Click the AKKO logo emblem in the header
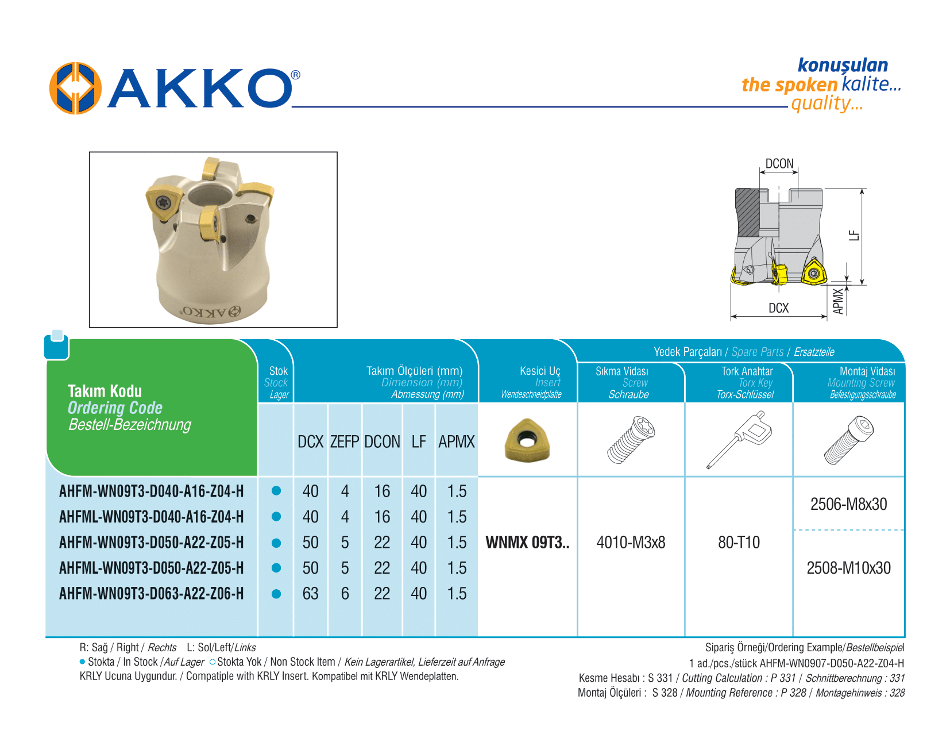[x=75, y=88]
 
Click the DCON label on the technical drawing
[x=779, y=164]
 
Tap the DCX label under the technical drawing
[x=779, y=308]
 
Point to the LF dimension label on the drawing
[x=854, y=235]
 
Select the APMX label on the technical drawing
[x=838, y=301]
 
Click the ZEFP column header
[x=345, y=441]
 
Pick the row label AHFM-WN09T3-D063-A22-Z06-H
[x=151, y=593]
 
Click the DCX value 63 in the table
[x=311, y=593]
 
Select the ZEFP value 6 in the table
[x=345, y=593]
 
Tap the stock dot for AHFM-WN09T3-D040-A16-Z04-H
[x=276, y=491]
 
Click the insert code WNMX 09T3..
[x=527, y=542]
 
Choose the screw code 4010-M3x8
[x=631, y=542]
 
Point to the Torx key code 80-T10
[x=739, y=542]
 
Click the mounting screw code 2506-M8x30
[x=848, y=504]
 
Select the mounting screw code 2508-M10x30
[x=848, y=568]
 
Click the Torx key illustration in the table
[x=739, y=439]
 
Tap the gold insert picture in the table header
[x=527, y=440]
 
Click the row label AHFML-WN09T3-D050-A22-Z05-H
[x=151, y=568]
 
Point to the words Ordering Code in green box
[x=115, y=408]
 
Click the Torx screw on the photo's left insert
[x=163, y=202]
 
